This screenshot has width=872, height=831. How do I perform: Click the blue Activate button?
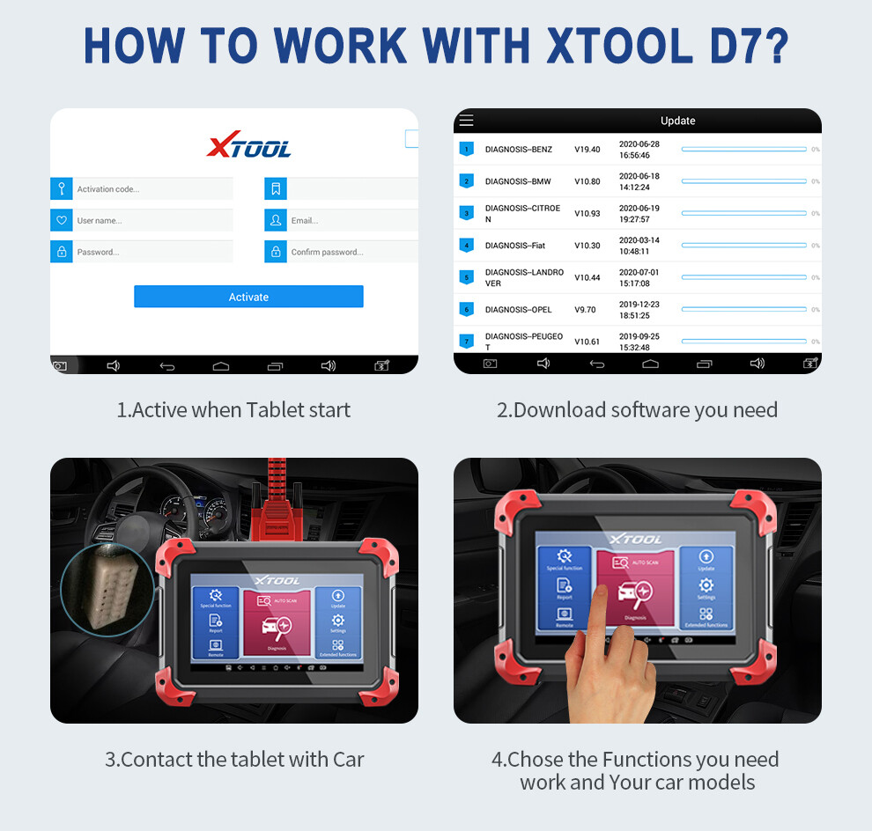pyautogui.click(x=248, y=297)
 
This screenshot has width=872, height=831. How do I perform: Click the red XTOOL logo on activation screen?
pyautogui.click(x=248, y=146)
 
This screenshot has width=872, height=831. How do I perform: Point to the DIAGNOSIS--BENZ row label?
pyautogui.click(x=519, y=150)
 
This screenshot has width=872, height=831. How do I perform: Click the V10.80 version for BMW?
pyautogui.click(x=587, y=181)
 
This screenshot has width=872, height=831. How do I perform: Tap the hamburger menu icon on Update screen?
pyautogui.click(x=467, y=121)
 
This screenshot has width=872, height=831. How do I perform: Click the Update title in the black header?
pyautogui.click(x=677, y=121)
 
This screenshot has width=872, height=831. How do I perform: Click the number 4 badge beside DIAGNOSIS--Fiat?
pyautogui.click(x=467, y=246)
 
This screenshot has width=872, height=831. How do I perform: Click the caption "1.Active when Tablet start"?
pyautogui.click(x=233, y=410)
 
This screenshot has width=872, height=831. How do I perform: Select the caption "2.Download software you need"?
pyautogui.click(x=637, y=410)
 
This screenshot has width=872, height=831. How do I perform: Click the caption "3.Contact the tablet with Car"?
pyautogui.click(x=234, y=760)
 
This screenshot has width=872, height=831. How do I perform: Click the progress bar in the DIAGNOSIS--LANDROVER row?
pyautogui.click(x=743, y=277)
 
